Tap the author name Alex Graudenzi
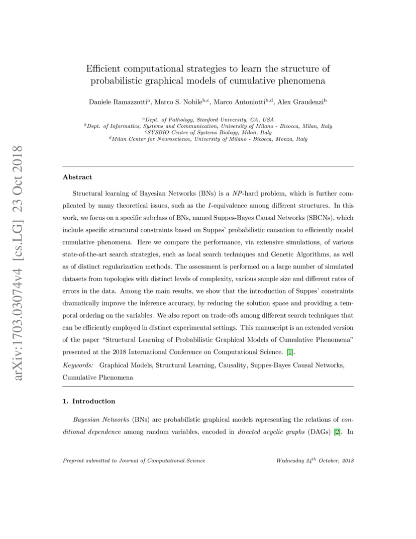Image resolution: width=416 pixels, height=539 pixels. click(300, 102)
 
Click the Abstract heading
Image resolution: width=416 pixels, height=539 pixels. click(77, 177)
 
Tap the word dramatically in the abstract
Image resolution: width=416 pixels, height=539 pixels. click(84, 303)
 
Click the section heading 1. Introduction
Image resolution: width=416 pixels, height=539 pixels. click(89, 401)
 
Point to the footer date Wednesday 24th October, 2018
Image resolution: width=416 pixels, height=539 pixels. click(315, 461)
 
